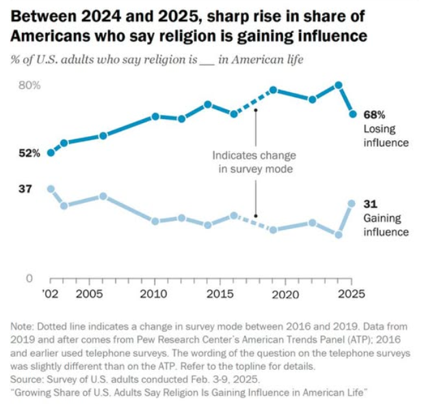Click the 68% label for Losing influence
[375, 115]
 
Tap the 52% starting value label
[29, 153]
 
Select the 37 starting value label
[25, 189]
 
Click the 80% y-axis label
[29, 85]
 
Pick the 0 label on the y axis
[30, 278]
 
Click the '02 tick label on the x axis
[50, 294]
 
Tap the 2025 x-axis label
[351, 294]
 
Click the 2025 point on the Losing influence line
[353, 114]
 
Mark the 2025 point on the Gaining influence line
[352, 203]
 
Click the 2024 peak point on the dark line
[339, 85]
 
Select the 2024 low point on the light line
[339, 234]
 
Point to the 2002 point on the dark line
[51, 153]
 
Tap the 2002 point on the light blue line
[51, 189]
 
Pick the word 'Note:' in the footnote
[28, 327]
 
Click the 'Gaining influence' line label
[386, 225]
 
